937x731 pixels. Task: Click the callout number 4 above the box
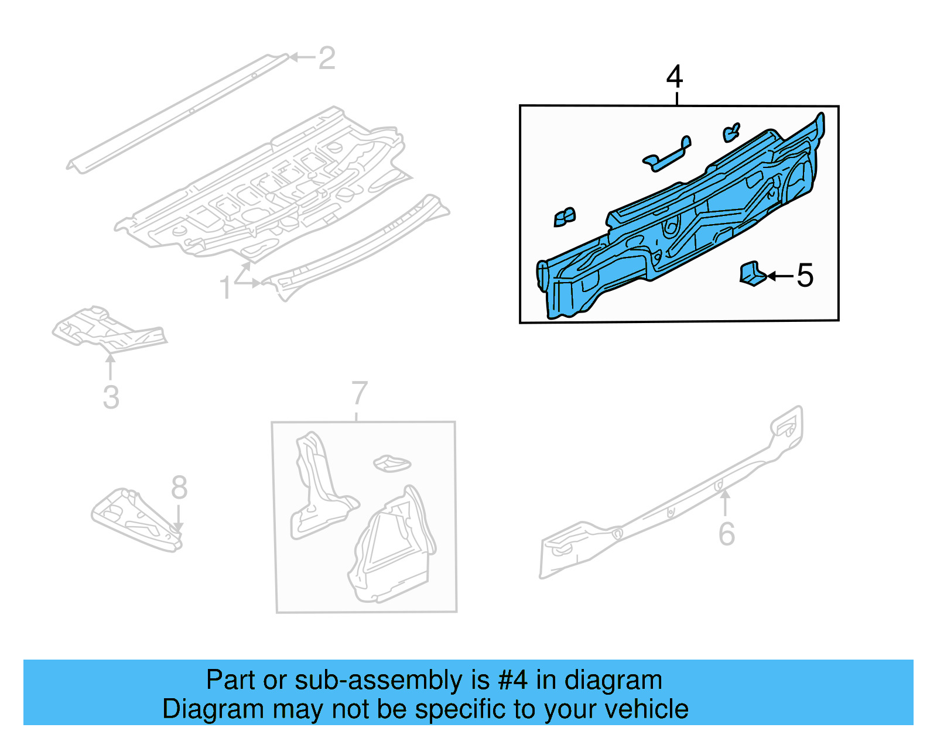click(675, 77)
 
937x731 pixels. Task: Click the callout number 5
click(805, 276)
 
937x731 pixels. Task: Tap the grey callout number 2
click(327, 59)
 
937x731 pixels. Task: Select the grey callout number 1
click(225, 289)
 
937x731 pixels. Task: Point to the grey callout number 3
click(111, 397)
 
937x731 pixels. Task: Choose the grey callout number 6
click(726, 534)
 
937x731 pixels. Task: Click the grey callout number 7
click(360, 393)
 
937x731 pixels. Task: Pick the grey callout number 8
click(179, 488)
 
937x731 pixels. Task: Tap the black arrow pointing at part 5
click(779, 276)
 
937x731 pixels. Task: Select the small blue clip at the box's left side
click(565, 217)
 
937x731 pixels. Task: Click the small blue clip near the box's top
click(731, 132)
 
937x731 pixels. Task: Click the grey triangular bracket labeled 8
click(135, 518)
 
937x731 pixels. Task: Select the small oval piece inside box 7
click(392, 464)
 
